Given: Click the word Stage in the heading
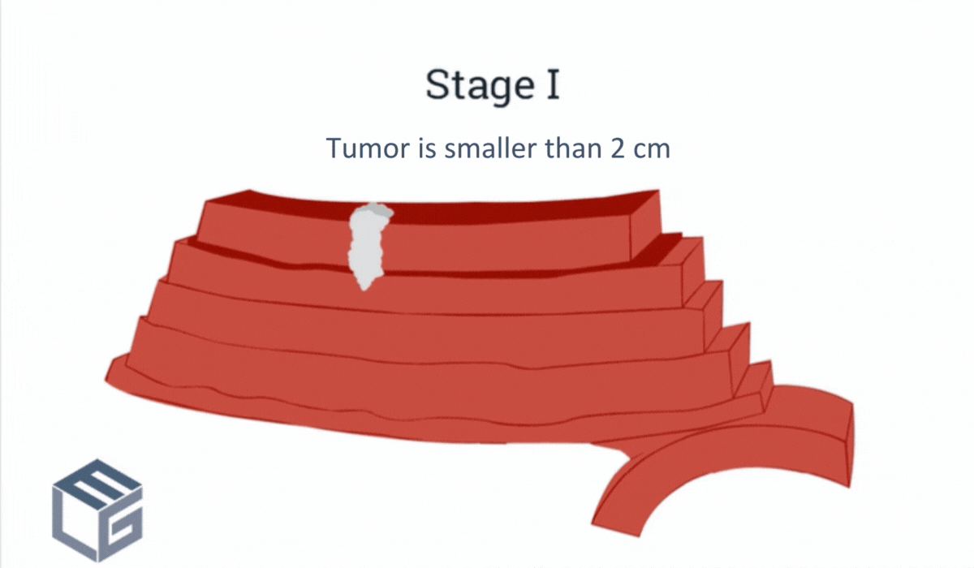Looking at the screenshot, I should tap(472, 84).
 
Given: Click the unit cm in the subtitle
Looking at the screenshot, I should tap(652, 149).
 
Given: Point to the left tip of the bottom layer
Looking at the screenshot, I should tap(110, 375).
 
